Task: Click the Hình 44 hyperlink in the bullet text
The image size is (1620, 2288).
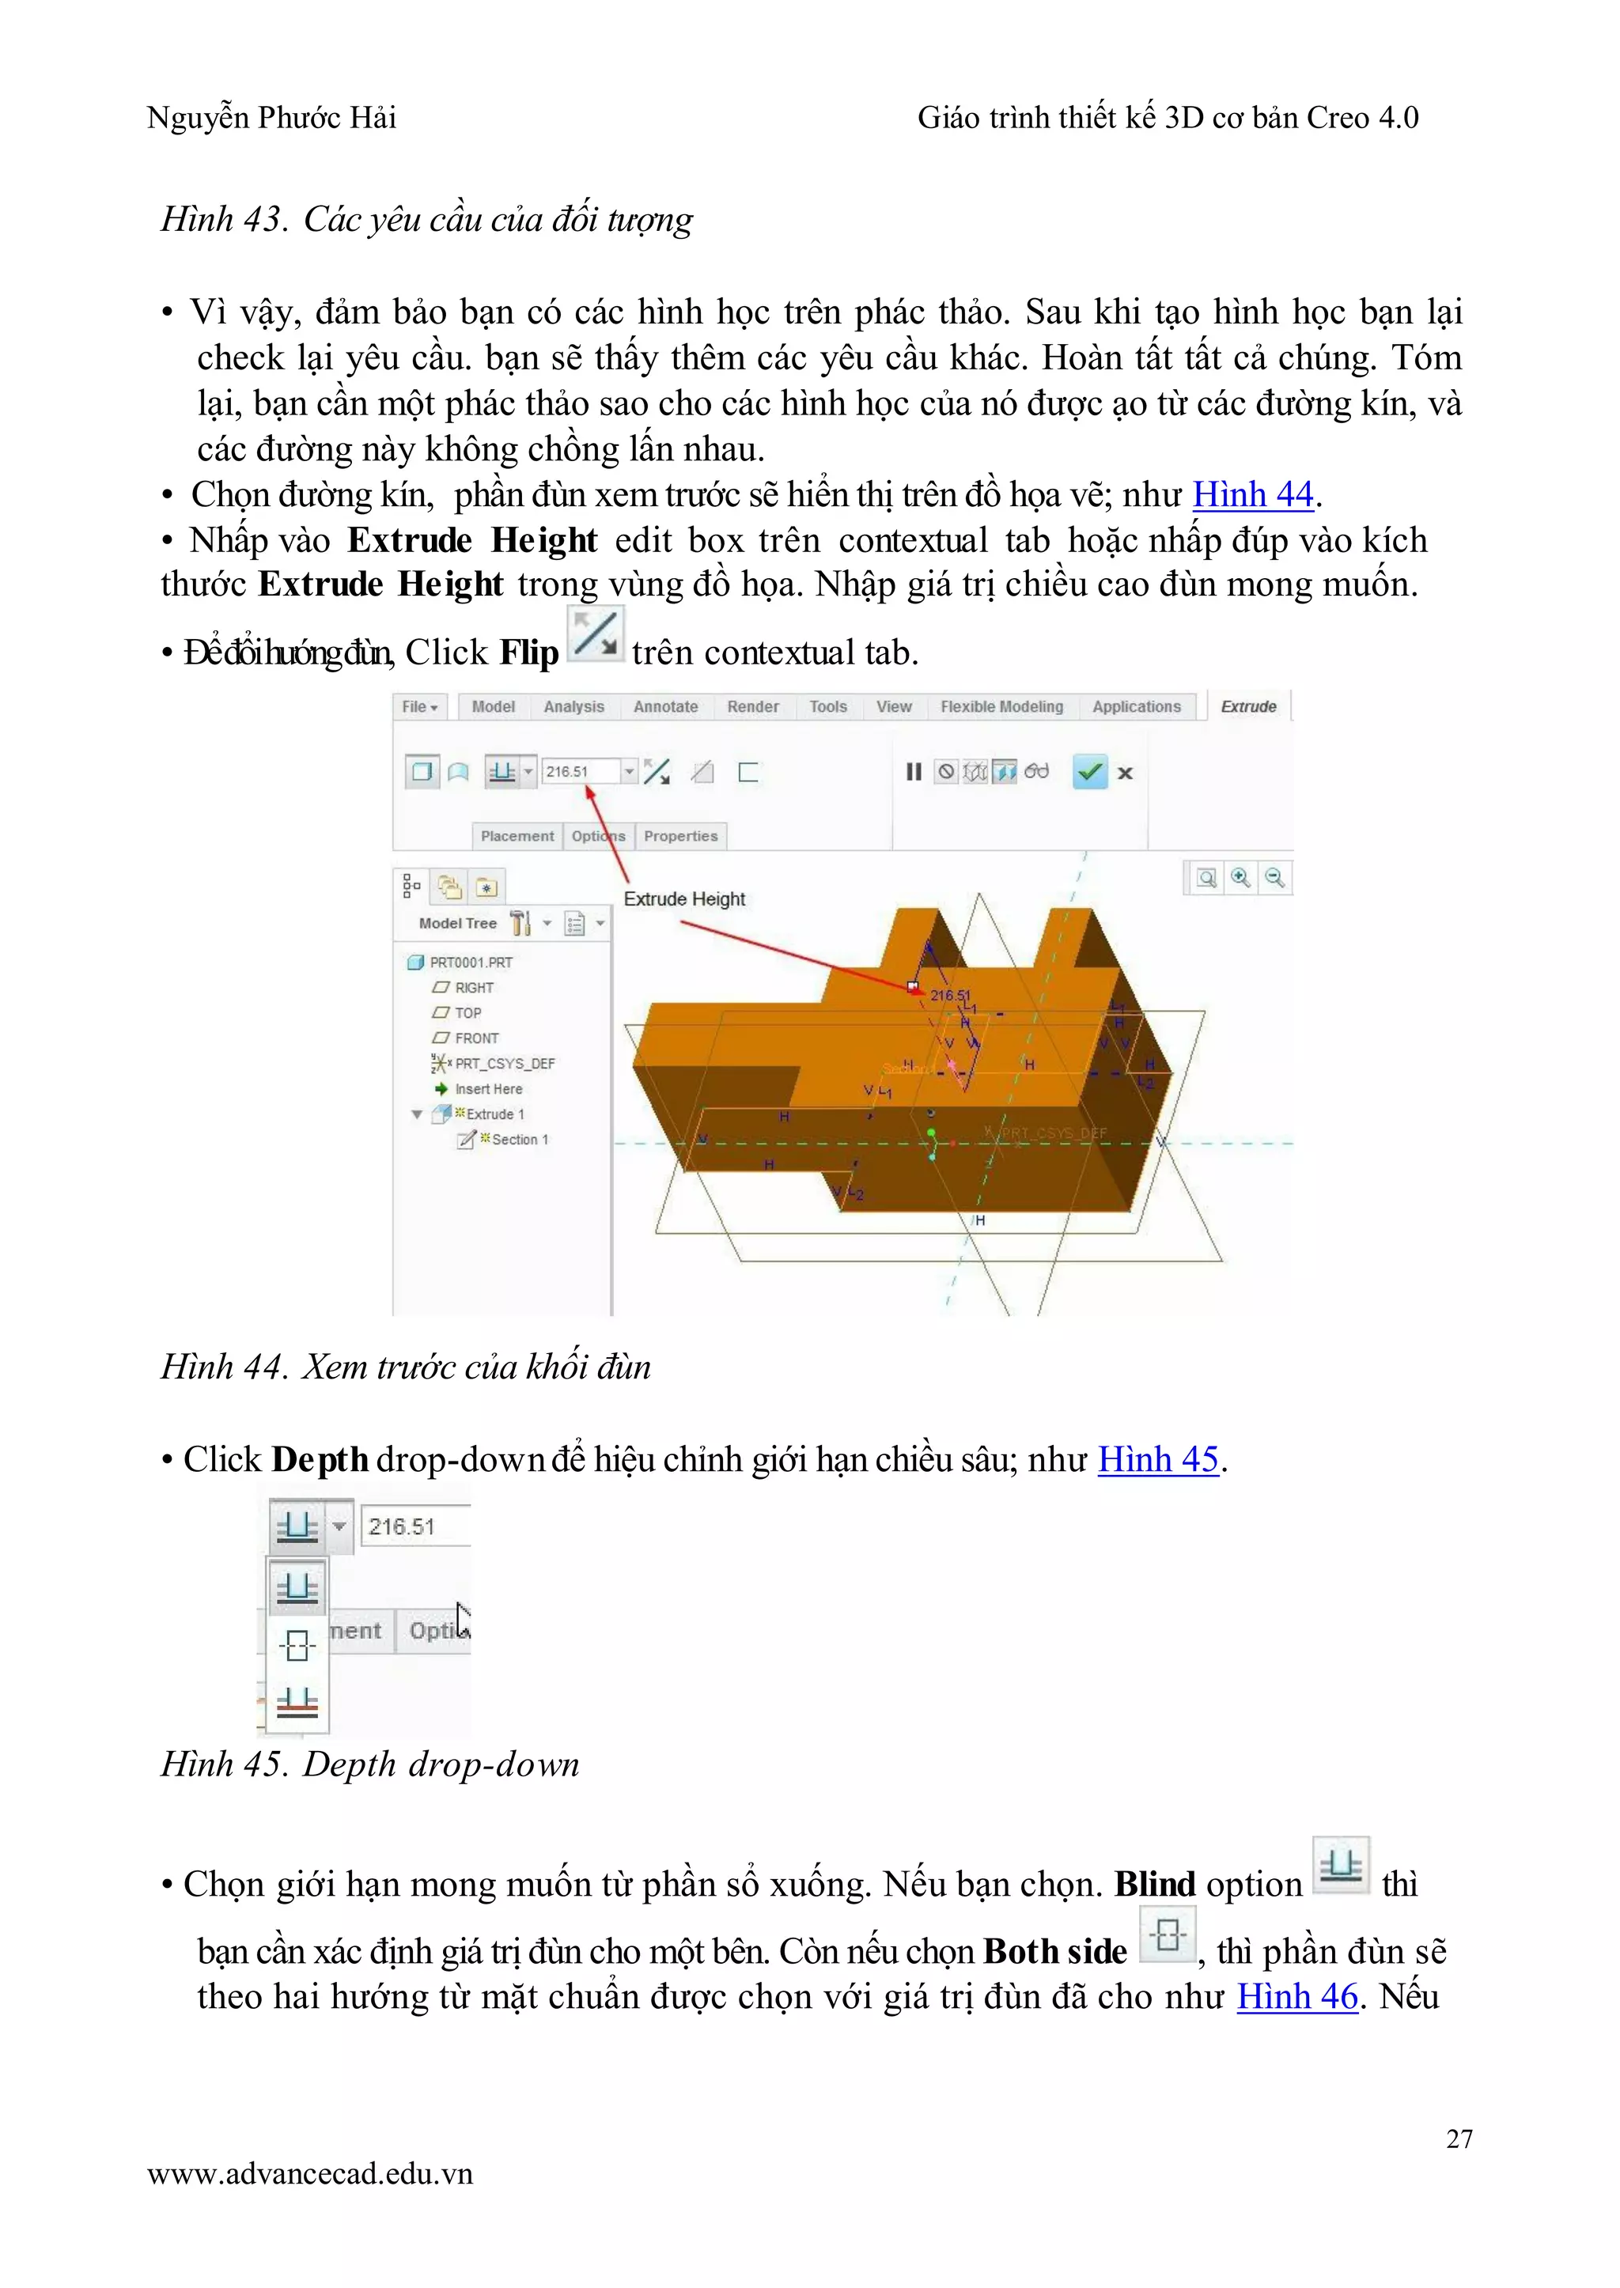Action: click(x=1253, y=495)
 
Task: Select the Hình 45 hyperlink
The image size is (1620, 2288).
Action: click(x=1158, y=1459)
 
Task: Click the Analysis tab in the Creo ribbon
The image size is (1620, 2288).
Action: click(x=573, y=706)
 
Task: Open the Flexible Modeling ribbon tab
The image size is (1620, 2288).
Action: click(x=1001, y=706)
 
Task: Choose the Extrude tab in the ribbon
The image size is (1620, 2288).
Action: click(x=1248, y=706)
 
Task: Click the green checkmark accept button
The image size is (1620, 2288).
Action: click(x=1089, y=771)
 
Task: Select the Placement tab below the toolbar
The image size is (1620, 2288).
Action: click(x=517, y=836)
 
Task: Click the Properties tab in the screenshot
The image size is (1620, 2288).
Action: click(x=680, y=836)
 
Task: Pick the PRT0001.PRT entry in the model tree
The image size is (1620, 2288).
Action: click(x=471, y=962)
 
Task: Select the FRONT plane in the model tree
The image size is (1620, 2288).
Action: click(x=477, y=1038)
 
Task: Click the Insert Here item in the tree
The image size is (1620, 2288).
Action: click(x=488, y=1089)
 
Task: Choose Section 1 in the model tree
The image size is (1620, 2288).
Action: click(x=519, y=1139)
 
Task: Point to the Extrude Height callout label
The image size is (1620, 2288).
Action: click(x=684, y=898)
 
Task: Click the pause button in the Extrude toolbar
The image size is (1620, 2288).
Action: click(x=913, y=772)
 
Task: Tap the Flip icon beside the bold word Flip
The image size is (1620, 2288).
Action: click(x=596, y=634)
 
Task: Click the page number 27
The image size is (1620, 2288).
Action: click(x=1459, y=2139)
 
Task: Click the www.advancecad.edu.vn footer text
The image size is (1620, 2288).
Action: click(x=310, y=2173)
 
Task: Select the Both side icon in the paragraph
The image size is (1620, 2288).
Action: click(x=1167, y=1935)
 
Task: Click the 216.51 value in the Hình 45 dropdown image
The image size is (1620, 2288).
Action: click(x=402, y=1526)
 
